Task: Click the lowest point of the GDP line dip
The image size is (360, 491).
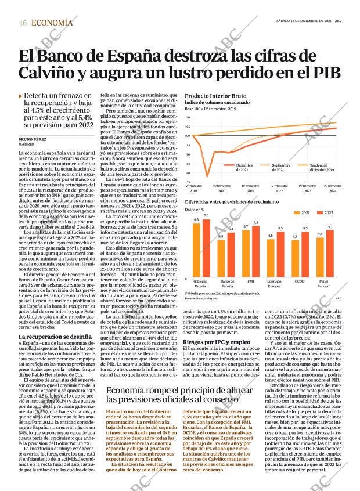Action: (x=207, y=176)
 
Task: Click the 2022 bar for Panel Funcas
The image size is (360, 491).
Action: (x=330, y=251)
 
